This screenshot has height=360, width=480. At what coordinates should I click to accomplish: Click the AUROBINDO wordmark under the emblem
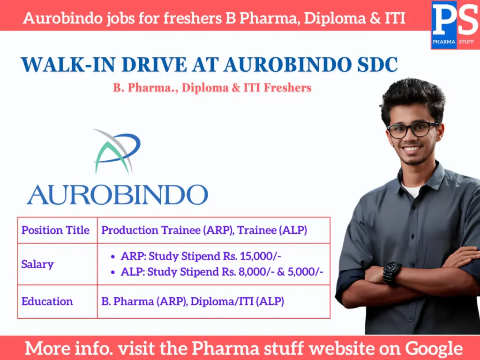tap(117, 194)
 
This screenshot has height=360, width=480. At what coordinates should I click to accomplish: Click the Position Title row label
tap(55, 230)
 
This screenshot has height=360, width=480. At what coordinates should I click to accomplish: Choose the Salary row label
tap(37, 264)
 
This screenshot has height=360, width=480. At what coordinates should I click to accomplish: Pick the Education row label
tap(47, 301)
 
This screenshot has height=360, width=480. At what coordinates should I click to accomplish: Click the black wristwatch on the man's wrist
tap(392, 272)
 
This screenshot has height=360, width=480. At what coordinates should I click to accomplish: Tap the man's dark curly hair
tap(412, 96)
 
